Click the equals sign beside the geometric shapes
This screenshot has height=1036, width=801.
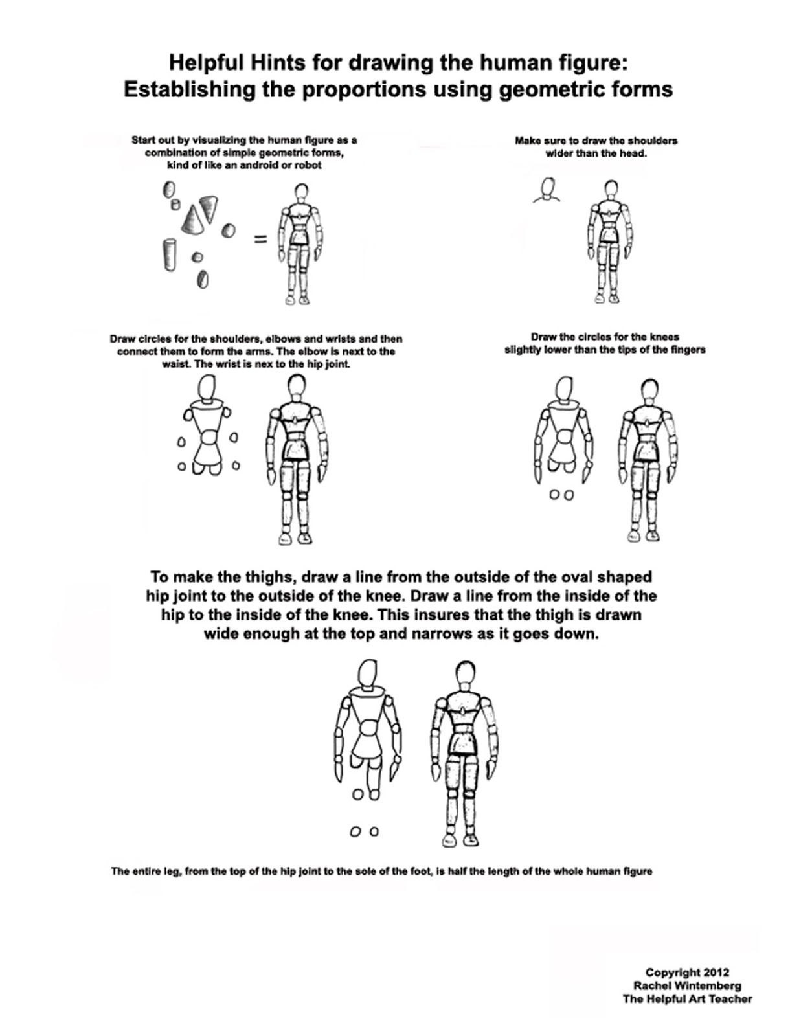pos(260,240)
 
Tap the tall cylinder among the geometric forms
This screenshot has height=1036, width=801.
pos(170,254)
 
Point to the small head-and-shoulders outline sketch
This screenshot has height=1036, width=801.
pos(548,192)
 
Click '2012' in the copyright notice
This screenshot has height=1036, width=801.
pos(716,973)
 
